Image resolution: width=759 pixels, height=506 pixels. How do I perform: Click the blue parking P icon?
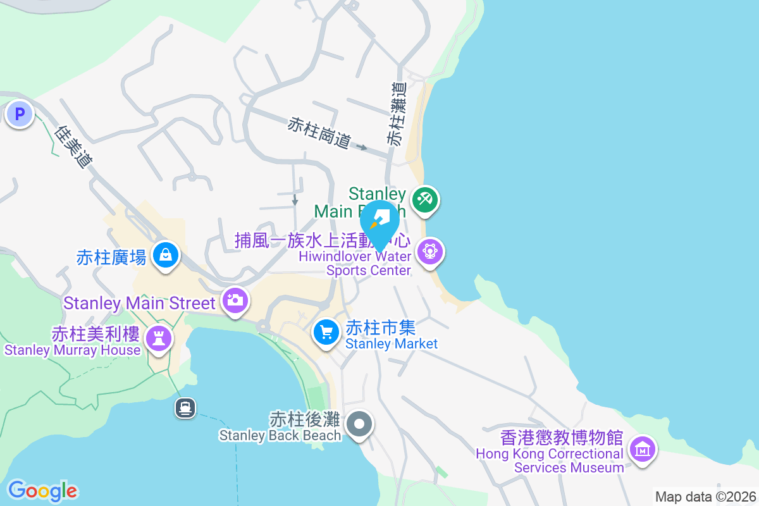pyautogui.click(x=20, y=114)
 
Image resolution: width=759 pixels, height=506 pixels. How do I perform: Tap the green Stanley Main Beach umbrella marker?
pyautogui.click(x=424, y=200)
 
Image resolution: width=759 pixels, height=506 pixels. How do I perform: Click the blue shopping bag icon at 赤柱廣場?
pyautogui.click(x=166, y=256)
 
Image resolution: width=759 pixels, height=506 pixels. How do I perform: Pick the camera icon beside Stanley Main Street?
pyautogui.click(x=235, y=300)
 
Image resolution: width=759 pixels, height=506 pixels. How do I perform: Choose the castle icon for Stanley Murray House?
pyautogui.click(x=158, y=338)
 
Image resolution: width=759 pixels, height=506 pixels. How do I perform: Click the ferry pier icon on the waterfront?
pyautogui.click(x=185, y=408)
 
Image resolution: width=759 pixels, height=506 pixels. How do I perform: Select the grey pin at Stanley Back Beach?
pyautogui.click(x=361, y=424)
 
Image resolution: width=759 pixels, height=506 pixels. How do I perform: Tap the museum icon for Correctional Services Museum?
pyautogui.click(x=643, y=450)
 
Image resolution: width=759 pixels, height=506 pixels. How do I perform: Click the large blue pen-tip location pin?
pyautogui.click(x=380, y=223)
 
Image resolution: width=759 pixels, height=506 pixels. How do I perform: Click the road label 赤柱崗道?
pyautogui.click(x=319, y=132)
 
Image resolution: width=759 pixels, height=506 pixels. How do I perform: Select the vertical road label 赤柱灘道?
pyautogui.click(x=397, y=114)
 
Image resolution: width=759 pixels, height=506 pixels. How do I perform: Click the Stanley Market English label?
pyautogui.click(x=392, y=344)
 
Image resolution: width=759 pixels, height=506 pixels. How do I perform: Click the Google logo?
pyautogui.click(x=42, y=491)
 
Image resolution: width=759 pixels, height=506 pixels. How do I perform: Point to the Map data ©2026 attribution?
pyautogui.click(x=705, y=497)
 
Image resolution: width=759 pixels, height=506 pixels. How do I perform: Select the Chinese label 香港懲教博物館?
pyautogui.click(x=562, y=438)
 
